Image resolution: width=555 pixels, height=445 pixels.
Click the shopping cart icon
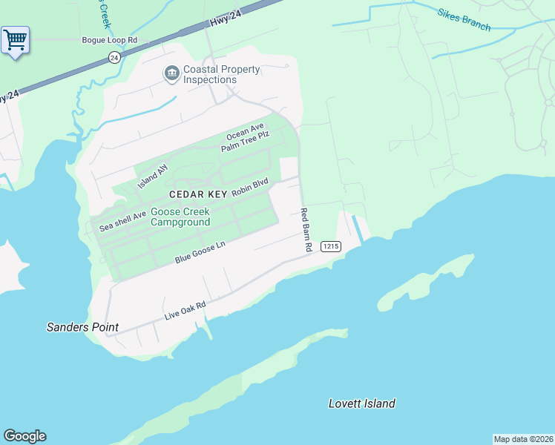pos(15,40)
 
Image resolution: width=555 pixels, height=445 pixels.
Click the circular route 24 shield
pos(114,57)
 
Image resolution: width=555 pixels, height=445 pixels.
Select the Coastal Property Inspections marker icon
pos(171,73)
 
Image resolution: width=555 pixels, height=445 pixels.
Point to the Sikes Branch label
pos(464,20)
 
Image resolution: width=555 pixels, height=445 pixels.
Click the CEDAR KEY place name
pos(197,194)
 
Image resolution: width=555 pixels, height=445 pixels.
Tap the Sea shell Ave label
pos(122,221)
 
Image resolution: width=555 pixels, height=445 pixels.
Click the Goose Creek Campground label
pos(180,217)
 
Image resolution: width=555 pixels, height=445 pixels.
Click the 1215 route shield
pos(330,245)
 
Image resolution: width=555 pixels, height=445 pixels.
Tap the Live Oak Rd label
pos(184,311)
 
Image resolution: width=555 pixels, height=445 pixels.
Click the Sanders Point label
pos(82,327)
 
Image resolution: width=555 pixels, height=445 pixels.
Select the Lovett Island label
pos(361,403)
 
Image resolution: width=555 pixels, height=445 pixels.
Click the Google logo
pos(24,436)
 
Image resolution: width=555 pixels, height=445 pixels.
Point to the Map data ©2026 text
pos(523,439)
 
